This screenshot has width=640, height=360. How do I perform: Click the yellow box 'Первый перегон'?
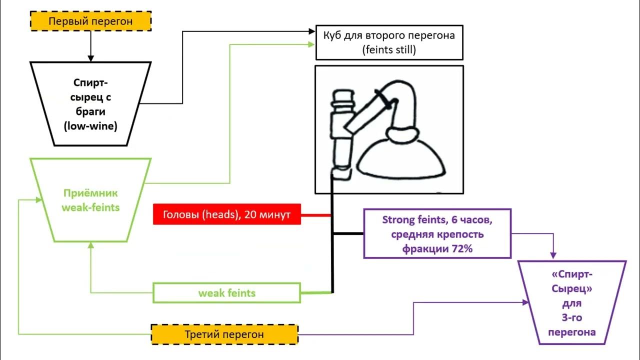[90, 21]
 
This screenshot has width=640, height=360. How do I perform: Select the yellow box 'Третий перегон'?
[224, 334]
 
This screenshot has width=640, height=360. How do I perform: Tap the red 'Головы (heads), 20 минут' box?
[226, 215]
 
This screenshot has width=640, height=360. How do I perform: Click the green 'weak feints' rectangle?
[226, 293]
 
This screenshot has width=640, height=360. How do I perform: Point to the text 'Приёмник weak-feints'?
[90, 200]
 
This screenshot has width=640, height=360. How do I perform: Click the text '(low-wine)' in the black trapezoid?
[90, 126]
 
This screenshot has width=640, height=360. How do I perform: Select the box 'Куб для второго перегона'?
[389, 42]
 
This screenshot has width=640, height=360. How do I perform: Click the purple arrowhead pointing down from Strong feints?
[553, 254]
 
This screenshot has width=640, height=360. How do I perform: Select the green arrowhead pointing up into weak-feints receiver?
[90, 245]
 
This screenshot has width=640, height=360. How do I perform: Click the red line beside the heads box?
[316, 215]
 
